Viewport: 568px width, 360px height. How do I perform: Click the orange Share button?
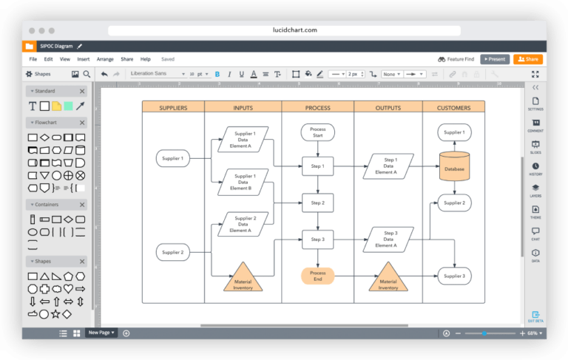point(528,59)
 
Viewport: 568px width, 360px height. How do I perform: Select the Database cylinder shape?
point(454,166)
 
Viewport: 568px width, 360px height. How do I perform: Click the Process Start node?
point(317,132)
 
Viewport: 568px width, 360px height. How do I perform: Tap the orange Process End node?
point(317,276)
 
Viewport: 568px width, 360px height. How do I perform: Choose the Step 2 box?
point(317,203)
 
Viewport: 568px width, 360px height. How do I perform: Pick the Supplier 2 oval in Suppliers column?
point(172,253)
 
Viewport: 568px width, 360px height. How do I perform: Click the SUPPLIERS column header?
point(173,108)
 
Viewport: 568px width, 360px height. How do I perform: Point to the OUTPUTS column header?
point(388,108)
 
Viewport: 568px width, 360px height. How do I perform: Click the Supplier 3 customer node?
point(454,276)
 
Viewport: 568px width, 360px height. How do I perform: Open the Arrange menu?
point(105,59)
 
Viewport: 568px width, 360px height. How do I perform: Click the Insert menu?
point(84,59)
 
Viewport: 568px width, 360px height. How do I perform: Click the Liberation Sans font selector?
point(158,74)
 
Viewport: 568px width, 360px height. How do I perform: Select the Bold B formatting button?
point(217,74)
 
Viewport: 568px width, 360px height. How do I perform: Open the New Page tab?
point(100,333)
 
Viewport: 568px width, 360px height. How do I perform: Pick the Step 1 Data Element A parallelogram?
point(388,166)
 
